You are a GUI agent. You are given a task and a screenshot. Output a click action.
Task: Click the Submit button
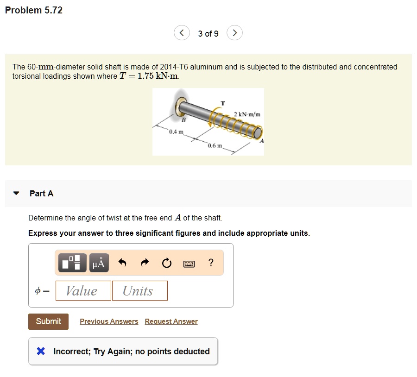coord(48,321)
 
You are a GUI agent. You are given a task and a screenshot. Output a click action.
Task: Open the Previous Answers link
coord(109,321)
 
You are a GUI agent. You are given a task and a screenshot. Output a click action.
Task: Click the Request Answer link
coord(171,321)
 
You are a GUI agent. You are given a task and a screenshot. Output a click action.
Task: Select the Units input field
coord(139,291)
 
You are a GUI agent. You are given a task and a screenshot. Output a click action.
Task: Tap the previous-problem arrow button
coord(182,33)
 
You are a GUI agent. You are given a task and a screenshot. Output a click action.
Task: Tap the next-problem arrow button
coord(235,33)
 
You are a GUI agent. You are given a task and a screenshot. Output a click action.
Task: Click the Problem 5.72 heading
coord(34,10)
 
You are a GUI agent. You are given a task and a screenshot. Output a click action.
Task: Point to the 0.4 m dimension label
coord(176,132)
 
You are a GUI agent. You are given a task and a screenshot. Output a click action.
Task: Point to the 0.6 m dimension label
coord(215,146)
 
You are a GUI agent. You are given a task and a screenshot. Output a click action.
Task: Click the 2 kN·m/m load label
coord(247,114)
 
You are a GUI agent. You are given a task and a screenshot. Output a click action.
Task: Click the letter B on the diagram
coord(183,120)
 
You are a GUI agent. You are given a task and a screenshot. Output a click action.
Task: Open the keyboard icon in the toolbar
coord(189,264)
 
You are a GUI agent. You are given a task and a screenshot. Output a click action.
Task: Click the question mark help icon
coord(211,263)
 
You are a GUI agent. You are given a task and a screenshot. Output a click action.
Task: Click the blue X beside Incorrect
coord(41,352)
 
